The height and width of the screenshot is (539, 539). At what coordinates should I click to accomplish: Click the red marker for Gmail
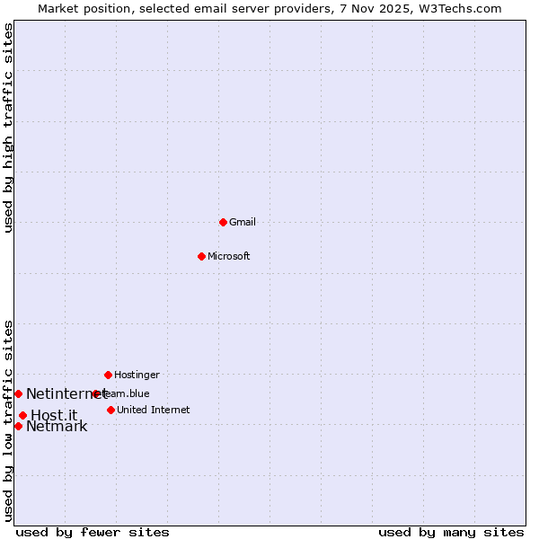[223, 222]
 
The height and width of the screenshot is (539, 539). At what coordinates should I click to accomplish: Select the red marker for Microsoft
[201, 256]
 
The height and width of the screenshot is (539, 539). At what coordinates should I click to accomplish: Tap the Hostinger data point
[108, 375]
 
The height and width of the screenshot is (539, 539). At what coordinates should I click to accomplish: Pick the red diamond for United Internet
[110, 410]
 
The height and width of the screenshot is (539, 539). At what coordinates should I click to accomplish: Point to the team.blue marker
[96, 393]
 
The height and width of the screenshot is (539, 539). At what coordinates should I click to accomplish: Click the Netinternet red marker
[18, 393]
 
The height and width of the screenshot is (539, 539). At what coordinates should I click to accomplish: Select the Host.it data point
[22, 415]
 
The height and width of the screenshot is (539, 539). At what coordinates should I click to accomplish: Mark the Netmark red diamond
[18, 426]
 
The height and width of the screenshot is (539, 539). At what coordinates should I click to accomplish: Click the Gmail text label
[243, 222]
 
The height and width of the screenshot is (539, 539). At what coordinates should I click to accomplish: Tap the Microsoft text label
[228, 256]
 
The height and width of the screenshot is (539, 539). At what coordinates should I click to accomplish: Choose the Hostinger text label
[137, 375]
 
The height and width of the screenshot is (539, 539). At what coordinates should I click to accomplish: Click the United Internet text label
[153, 410]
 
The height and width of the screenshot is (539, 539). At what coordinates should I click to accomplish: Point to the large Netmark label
[57, 427]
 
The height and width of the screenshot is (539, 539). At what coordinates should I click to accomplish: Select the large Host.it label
[54, 415]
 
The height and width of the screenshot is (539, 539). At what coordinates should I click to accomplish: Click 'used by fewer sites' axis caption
[93, 532]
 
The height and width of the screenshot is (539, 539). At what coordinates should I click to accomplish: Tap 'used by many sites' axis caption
[451, 532]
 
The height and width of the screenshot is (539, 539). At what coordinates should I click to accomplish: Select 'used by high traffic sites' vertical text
[8, 128]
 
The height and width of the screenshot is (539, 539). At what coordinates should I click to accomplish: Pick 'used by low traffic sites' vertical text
[8, 420]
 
